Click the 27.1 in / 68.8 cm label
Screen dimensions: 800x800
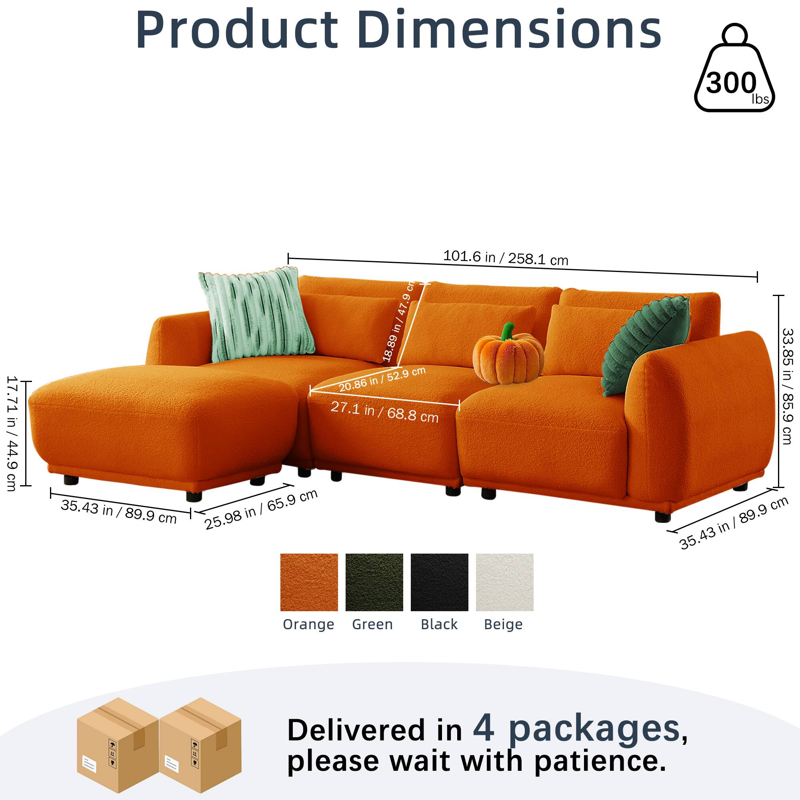tap(384, 412)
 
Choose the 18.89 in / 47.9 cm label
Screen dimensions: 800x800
tap(398, 321)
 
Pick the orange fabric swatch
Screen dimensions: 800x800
tap(309, 582)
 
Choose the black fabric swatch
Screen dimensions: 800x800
tap(439, 582)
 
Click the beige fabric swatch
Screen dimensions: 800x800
tap(504, 582)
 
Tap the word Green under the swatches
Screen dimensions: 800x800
tap(372, 624)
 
